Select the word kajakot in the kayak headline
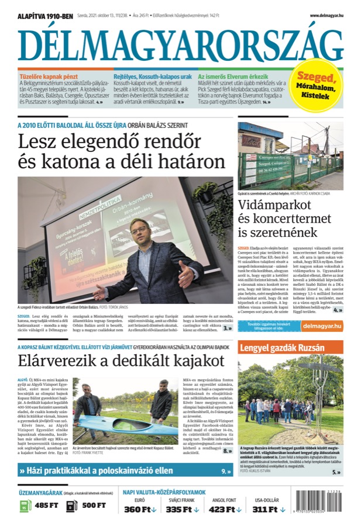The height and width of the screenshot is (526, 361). click(x=182, y=361)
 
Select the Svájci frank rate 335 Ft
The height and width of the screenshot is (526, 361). click(x=181, y=510)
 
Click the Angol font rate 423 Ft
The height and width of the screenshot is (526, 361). click(x=224, y=510)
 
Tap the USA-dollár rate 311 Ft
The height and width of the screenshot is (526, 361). click(x=267, y=510)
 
